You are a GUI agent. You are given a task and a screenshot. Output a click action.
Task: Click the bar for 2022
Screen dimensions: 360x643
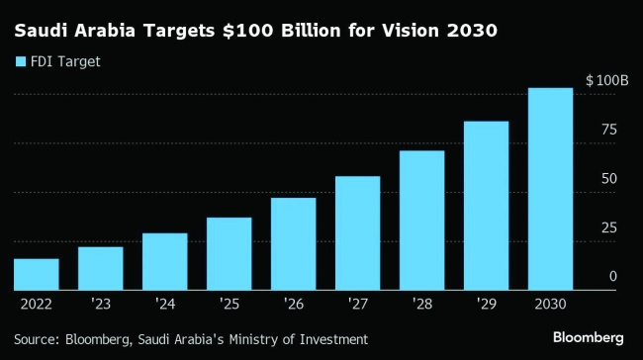click(36, 274)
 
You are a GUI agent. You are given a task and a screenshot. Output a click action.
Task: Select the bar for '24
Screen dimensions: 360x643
click(164, 261)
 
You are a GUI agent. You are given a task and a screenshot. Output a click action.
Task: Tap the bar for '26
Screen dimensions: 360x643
click(293, 243)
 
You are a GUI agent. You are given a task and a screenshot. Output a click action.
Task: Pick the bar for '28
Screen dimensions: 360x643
click(421, 220)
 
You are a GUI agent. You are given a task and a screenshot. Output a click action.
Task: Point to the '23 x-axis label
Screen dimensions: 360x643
click(100, 304)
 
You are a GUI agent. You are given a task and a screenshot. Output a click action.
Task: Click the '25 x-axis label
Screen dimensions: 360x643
click(229, 304)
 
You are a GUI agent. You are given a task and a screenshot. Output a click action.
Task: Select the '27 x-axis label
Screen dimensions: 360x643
click(357, 304)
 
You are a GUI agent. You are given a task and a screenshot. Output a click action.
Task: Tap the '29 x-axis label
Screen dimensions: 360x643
click(486, 304)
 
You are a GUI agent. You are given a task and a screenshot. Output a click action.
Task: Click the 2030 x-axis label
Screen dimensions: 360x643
click(550, 304)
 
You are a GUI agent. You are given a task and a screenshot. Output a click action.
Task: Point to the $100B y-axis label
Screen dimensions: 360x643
click(607, 80)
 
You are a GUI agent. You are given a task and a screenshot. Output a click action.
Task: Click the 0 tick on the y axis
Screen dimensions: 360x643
click(612, 277)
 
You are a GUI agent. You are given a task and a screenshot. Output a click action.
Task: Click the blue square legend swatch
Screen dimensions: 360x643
click(21, 61)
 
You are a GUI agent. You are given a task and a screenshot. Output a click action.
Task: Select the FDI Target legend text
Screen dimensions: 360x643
click(66, 61)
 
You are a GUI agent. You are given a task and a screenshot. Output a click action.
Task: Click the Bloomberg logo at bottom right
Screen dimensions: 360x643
click(588, 338)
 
